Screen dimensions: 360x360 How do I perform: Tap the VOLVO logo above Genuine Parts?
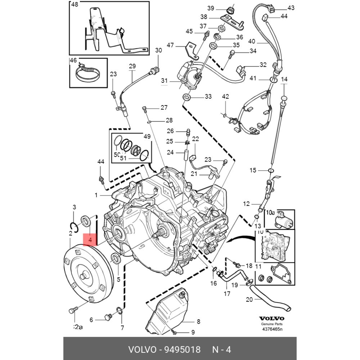(x=272, y=319)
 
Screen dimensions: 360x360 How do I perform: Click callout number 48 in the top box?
(x=75, y=5)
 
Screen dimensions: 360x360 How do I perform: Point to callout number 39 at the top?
(x=211, y=8)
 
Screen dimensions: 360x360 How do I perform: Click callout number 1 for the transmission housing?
(x=96, y=195)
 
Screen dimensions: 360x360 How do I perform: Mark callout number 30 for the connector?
(x=159, y=51)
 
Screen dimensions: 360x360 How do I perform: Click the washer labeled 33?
(x=186, y=97)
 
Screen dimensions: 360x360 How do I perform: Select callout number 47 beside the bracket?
(x=170, y=45)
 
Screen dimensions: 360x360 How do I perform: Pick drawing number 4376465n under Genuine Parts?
(x=272, y=329)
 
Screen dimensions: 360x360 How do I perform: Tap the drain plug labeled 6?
(x=107, y=317)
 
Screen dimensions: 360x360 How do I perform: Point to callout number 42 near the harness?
(x=225, y=96)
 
